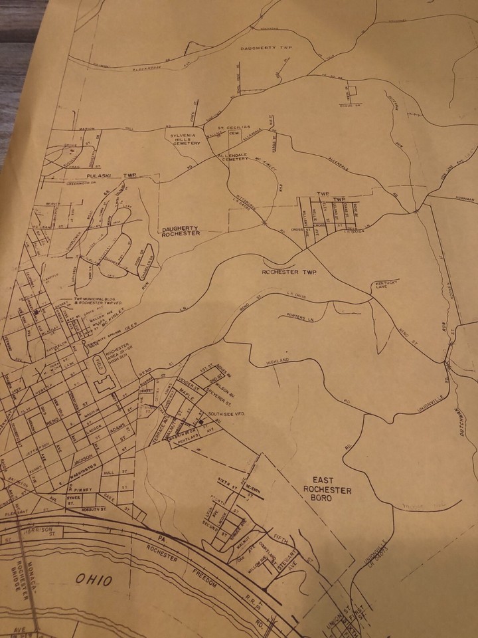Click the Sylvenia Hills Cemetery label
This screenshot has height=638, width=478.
coord(183,139)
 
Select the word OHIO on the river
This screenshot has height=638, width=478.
coord(92,579)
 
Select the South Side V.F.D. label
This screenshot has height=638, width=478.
coord(228,414)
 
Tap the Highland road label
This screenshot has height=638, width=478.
coord(278,360)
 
